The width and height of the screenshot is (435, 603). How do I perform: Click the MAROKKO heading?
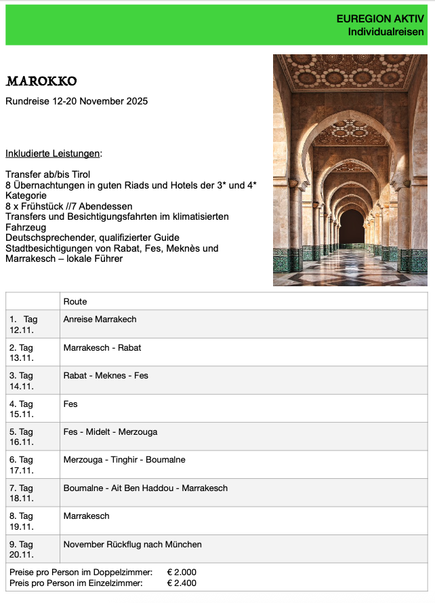41,82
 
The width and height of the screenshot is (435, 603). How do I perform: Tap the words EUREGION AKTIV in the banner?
379,19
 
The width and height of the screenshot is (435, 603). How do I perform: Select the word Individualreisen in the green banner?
386,32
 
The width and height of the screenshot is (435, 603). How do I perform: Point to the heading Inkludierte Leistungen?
53,153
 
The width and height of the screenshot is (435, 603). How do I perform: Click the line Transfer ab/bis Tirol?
47,174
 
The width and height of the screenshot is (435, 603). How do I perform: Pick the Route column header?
75,301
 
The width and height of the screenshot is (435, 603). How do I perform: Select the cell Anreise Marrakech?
100,319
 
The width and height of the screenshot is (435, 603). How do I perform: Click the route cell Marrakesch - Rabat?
102,348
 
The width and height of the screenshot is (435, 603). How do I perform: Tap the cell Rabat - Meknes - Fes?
106,376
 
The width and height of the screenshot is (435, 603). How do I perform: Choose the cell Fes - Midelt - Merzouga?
110,432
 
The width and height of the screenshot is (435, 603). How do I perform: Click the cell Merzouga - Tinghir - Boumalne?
124,460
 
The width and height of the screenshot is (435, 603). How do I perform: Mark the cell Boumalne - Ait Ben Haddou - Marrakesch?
145,488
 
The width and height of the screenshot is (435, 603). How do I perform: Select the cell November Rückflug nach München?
132,545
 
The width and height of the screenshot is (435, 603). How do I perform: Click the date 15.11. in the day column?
22,414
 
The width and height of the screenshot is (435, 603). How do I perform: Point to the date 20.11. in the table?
22,554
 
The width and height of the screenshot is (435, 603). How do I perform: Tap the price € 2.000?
182,573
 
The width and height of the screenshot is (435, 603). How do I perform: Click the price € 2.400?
182,583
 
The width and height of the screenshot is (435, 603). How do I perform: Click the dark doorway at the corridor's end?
351,227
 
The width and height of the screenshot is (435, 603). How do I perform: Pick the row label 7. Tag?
21,488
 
